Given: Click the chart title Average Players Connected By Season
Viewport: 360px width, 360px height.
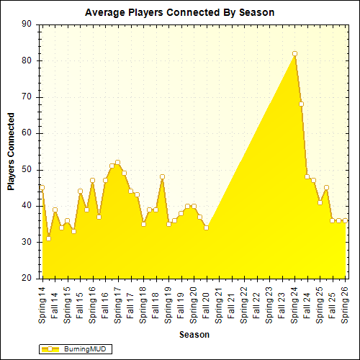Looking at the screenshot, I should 179,12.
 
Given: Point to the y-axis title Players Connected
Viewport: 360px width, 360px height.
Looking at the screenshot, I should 11,151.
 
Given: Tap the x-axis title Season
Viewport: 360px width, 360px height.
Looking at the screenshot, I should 194,335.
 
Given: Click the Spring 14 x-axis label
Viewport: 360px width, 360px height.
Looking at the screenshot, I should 42,303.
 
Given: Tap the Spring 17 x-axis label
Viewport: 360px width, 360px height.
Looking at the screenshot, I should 117,303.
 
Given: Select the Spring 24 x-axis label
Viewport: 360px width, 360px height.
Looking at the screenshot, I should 294,303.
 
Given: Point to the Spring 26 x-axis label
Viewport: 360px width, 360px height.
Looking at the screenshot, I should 345,303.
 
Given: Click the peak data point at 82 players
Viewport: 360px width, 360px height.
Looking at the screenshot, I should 294,53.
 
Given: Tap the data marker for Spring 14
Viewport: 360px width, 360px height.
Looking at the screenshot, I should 42,188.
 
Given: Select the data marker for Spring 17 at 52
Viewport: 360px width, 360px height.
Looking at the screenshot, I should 117,162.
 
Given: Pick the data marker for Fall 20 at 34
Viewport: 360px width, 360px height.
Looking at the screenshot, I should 206,228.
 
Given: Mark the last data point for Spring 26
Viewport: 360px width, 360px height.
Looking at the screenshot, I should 345,220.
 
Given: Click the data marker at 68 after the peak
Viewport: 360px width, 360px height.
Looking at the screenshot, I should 301,104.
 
